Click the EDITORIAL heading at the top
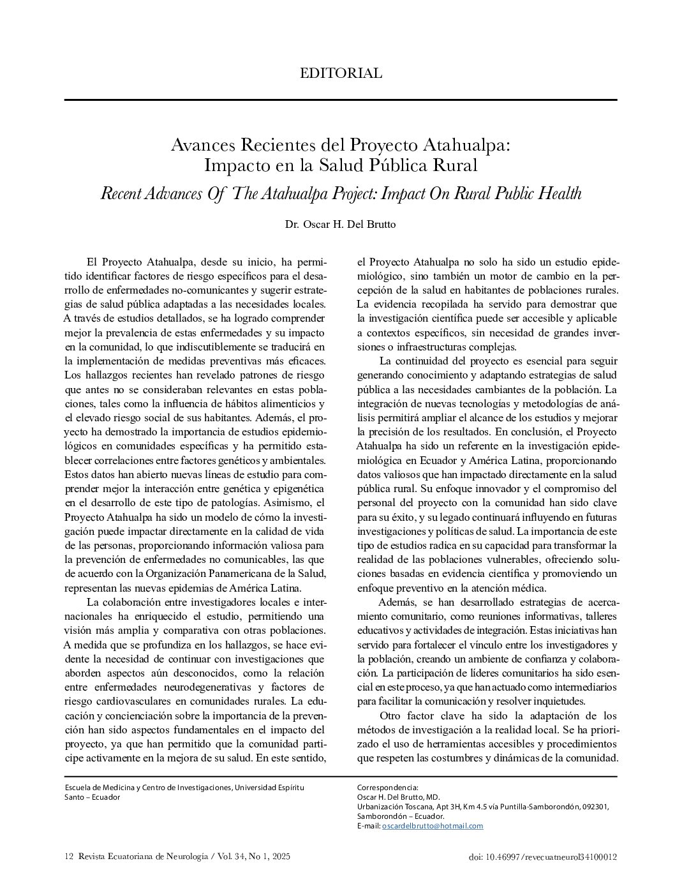point(341,73)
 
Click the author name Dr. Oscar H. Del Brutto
point(341,225)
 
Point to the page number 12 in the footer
point(70,857)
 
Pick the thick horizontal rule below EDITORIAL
point(341,100)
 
